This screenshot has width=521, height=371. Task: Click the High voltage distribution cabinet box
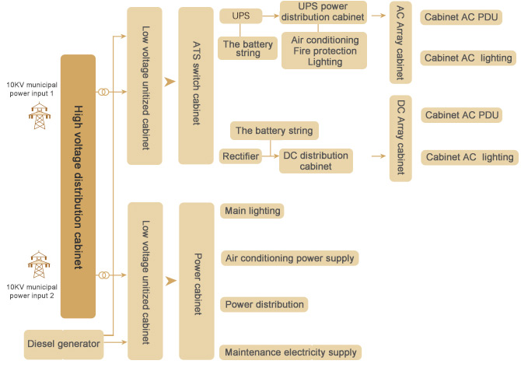click(x=78, y=187)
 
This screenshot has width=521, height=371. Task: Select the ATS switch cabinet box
click(x=195, y=86)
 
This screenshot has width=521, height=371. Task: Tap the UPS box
click(x=241, y=16)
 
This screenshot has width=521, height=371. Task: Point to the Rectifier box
click(x=240, y=156)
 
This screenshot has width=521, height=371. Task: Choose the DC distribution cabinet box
click(x=316, y=161)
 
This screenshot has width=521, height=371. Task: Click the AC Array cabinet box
click(x=400, y=43)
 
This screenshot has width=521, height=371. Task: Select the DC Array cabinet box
click(x=400, y=138)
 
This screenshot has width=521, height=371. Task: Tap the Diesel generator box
click(x=64, y=344)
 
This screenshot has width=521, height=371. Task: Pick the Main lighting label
click(x=252, y=211)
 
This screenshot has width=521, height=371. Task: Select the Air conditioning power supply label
click(x=290, y=258)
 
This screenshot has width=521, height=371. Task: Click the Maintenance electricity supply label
click(x=291, y=352)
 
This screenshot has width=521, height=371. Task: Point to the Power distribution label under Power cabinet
click(x=264, y=304)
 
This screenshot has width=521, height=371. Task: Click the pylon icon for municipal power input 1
click(x=37, y=117)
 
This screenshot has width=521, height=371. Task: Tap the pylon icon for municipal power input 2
click(x=37, y=264)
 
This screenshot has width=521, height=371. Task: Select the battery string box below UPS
click(x=248, y=48)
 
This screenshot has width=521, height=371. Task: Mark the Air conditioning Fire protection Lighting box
click(x=324, y=51)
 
